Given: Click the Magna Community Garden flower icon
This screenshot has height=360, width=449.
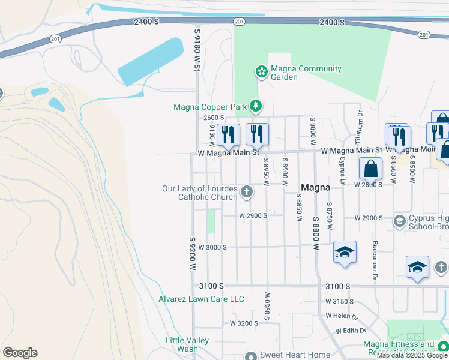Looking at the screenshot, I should click(x=261, y=73).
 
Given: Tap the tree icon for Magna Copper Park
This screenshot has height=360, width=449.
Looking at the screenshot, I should click(x=256, y=107).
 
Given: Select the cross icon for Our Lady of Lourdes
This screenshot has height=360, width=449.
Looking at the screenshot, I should click(x=246, y=193).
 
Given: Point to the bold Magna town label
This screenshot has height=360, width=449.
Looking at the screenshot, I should click(x=315, y=187).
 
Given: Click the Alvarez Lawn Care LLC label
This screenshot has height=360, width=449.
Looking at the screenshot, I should click(x=201, y=299).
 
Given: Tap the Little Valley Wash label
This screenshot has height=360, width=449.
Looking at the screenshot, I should click(x=187, y=344).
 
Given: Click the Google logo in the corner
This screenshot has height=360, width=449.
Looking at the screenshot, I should click(x=20, y=353).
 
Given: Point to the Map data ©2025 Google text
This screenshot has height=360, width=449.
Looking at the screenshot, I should click(x=412, y=356).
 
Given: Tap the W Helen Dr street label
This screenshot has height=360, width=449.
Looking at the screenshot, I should click(x=342, y=316).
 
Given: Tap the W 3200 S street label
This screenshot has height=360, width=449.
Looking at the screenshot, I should click(x=244, y=323).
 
